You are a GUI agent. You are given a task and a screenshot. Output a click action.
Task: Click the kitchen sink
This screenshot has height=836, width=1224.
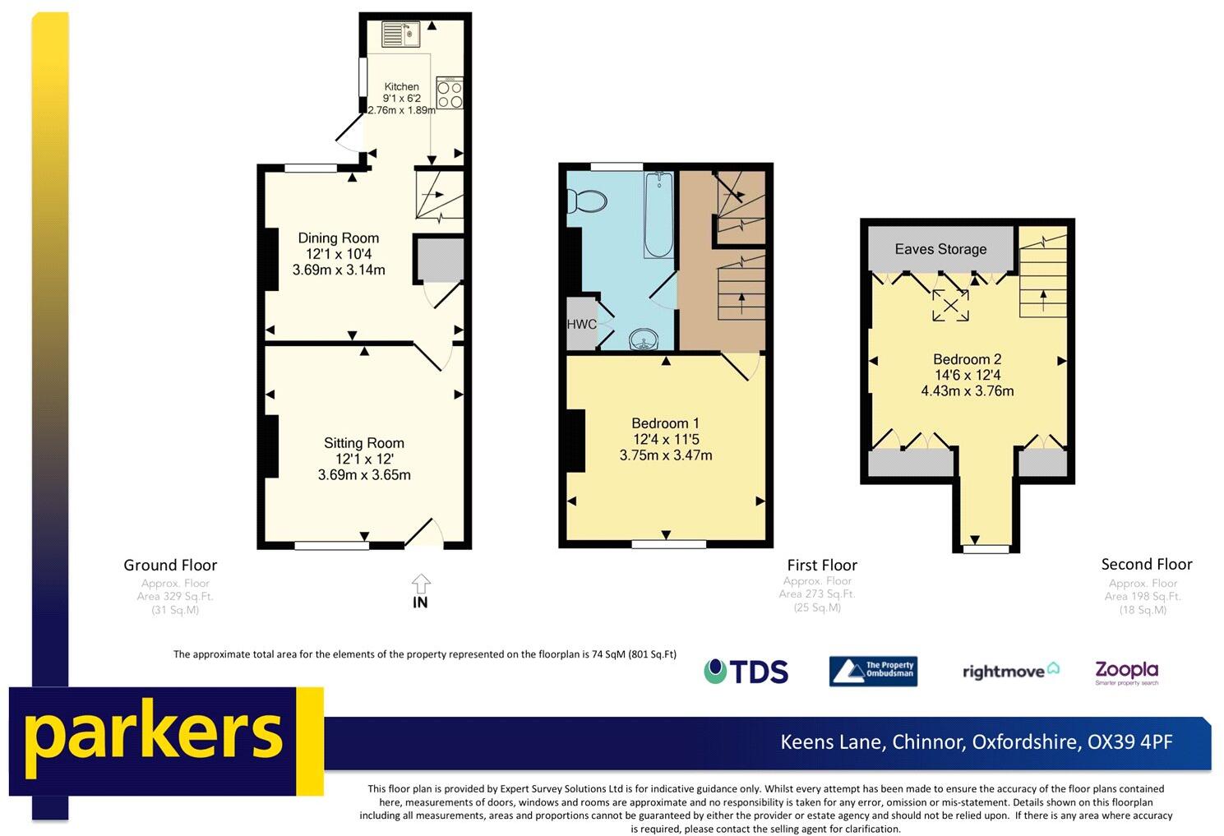pyautogui.click(x=401, y=34)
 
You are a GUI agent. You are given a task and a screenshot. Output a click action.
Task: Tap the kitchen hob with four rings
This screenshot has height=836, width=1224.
pyautogui.click(x=450, y=94)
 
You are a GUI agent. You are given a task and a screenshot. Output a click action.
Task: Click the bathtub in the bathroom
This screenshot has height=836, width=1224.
pyautogui.click(x=659, y=215)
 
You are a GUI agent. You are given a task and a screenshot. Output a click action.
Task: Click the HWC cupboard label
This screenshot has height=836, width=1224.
pyautogui.click(x=581, y=324)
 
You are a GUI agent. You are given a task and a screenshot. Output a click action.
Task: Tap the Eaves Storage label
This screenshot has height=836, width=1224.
pyautogui.click(x=940, y=249)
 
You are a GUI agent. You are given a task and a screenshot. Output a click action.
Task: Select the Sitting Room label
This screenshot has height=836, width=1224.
pyautogui.click(x=363, y=443)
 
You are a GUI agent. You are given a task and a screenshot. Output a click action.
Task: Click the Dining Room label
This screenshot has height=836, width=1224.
pyautogui.click(x=338, y=238)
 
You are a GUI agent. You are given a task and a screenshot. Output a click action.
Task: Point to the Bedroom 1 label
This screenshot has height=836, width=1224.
pyautogui.click(x=665, y=423)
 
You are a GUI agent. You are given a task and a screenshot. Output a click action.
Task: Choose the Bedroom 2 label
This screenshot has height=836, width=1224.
pyautogui.click(x=967, y=359)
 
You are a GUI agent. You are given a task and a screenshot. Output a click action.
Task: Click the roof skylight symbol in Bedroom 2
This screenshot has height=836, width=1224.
pyautogui.click(x=949, y=306)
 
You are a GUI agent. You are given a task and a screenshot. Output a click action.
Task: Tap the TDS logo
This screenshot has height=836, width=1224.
pyautogui.click(x=746, y=672)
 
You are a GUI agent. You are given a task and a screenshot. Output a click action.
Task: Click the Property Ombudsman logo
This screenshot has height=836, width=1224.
pyautogui.click(x=872, y=672)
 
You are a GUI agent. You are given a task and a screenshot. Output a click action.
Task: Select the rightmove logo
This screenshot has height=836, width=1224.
pyautogui.click(x=1010, y=672)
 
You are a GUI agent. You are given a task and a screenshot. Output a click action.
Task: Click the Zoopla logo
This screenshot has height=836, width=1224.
pyautogui.click(x=1126, y=672)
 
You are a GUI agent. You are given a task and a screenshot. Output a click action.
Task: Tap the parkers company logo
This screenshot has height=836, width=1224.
pyautogui.click(x=154, y=734)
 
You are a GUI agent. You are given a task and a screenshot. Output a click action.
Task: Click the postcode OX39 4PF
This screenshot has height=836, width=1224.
pyautogui.click(x=1129, y=741)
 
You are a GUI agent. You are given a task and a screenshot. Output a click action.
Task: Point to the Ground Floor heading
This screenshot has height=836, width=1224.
pyautogui.click(x=170, y=565)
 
